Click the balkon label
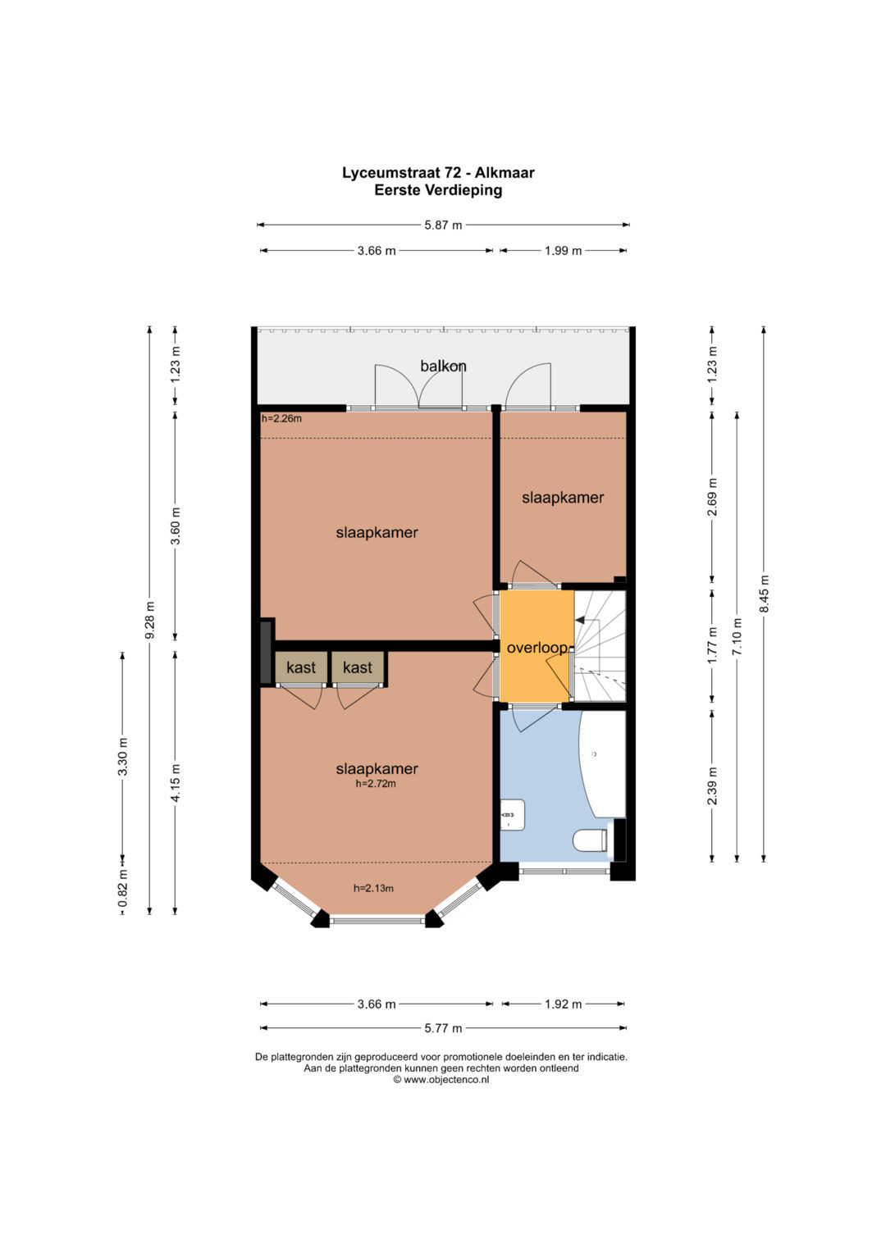click(443, 366)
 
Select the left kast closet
click(301, 667)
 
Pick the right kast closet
click(358, 667)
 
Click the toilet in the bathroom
click(591, 840)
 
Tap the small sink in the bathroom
click(512, 815)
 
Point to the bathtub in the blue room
click(602, 764)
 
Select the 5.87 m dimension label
click(443, 225)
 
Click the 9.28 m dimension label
click(149, 621)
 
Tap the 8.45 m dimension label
click(764, 594)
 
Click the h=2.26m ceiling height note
click(281, 418)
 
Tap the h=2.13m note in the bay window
click(373, 888)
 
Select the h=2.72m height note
click(376, 784)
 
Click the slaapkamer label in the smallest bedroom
click(563, 498)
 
